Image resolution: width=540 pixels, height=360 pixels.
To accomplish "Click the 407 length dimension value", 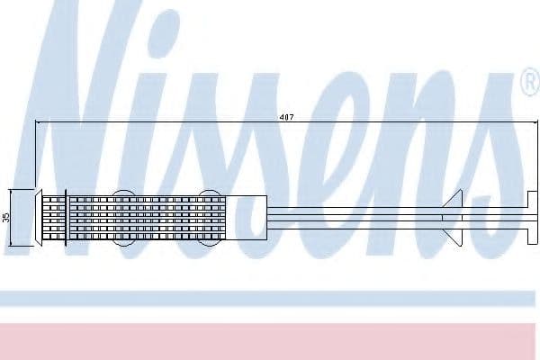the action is point(286,117).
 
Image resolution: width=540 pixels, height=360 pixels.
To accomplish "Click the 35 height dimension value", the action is point(6,218).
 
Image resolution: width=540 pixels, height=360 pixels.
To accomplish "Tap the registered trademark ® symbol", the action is point(531,82).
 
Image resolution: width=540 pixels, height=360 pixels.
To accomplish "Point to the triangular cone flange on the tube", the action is point(452,218).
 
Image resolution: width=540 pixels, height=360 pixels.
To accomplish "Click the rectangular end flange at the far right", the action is point(532,218).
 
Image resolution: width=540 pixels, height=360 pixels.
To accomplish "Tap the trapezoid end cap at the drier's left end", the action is point(39,218).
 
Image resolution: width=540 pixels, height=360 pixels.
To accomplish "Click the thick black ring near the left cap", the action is point(66,218).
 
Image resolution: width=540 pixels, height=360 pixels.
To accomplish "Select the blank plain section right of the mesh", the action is point(246,218).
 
